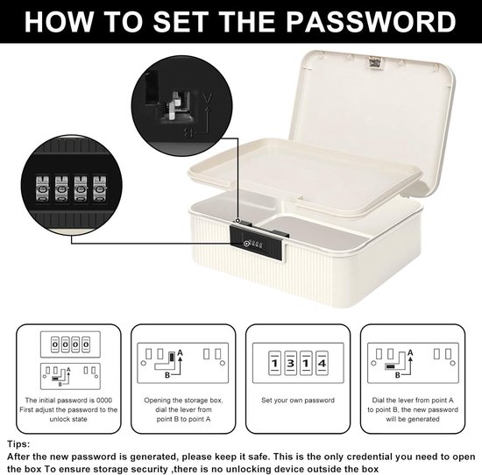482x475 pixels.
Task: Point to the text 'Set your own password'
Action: (x=297, y=400)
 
